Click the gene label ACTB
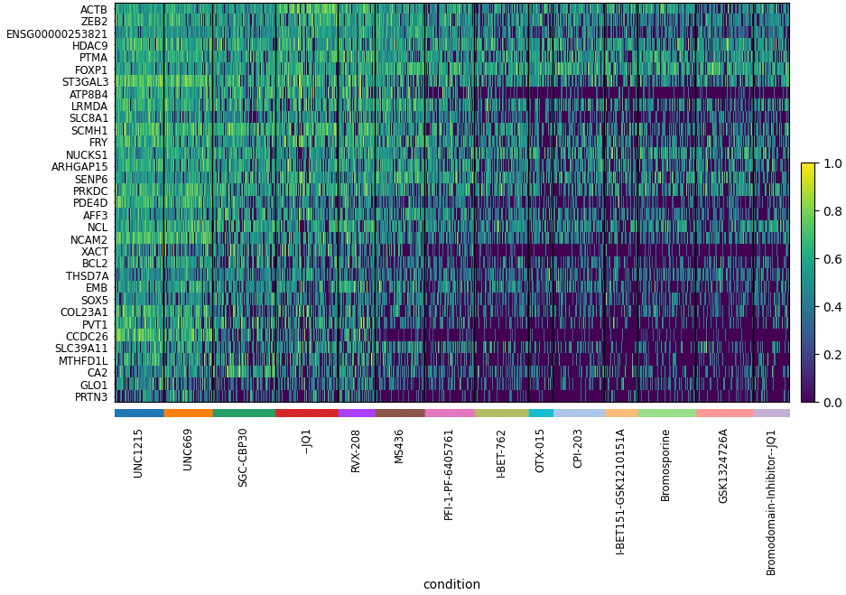point(93,10)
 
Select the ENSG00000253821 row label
point(57,34)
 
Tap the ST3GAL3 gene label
point(85,82)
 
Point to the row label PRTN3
point(90,397)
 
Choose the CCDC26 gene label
point(87,337)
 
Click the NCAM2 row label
point(88,240)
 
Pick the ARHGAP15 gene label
point(79,167)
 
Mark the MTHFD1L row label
point(83,361)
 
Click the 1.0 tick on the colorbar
point(832,163)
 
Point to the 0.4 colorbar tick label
point(832,307)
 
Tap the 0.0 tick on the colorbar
point(832,403)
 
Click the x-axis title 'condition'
point(451,584)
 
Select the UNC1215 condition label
point(138,453)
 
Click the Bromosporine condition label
point(666,465)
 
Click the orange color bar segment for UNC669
point(188,413)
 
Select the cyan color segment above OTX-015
point(541,413)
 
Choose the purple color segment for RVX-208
point(357,413)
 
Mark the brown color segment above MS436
point(400,413)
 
